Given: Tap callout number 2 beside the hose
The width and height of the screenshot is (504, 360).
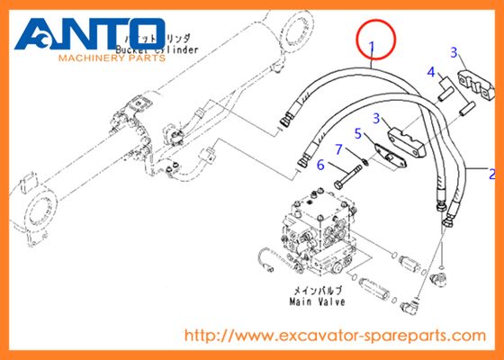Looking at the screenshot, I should pyautogui.click(x=491, y=172).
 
